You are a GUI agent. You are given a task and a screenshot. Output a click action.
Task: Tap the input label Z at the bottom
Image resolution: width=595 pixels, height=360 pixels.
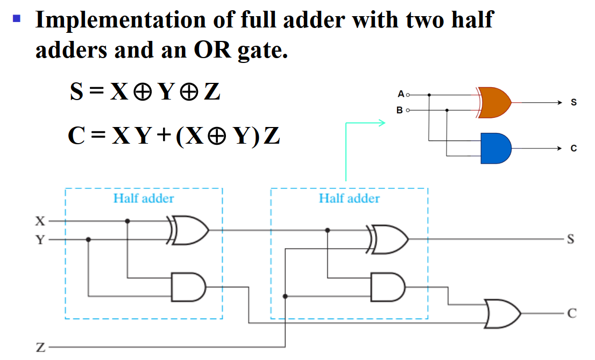(40, 348)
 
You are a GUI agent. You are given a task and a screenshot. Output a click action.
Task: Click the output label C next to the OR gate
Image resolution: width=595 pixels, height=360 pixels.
(571, 313)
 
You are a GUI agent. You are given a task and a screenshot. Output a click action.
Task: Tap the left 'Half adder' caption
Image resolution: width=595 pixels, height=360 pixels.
(144, 199)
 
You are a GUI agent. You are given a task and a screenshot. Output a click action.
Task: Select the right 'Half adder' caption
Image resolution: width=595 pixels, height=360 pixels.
(349, 199)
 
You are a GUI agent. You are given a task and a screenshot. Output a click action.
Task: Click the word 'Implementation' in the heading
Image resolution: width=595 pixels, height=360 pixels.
(119, 20)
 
